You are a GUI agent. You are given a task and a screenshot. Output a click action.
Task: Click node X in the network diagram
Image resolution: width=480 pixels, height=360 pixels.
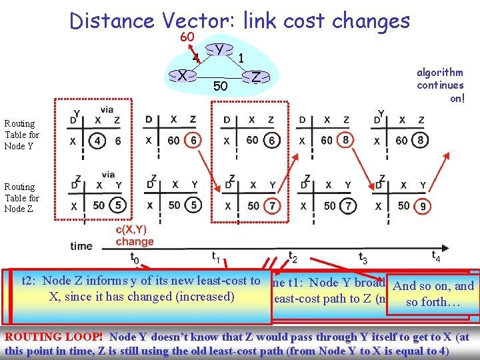click(182, 76)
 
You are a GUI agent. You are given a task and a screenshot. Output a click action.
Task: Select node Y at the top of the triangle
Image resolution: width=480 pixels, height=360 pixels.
click(219, 49)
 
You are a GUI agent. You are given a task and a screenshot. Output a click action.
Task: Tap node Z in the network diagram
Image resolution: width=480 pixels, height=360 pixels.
click(255, 77)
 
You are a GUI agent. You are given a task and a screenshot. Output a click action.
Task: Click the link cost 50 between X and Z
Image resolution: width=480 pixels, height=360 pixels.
click(220, 87)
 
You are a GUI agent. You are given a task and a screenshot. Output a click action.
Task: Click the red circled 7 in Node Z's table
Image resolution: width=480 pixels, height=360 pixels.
click(272, 205)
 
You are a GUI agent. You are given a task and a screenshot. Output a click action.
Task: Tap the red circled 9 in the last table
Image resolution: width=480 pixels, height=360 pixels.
click(423, 206)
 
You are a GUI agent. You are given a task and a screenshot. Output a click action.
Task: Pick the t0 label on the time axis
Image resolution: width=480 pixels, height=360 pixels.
click(134, 257)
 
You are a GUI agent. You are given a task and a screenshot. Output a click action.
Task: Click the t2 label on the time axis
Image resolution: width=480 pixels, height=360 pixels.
click(292, 257)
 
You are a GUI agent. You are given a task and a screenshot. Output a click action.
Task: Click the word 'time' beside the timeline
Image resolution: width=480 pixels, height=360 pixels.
click(81, 246)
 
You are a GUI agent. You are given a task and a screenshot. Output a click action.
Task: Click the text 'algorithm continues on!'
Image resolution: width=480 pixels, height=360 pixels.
click(440, 85)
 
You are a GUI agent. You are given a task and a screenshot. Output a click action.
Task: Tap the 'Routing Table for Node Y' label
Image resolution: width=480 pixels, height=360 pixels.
click(22, 135)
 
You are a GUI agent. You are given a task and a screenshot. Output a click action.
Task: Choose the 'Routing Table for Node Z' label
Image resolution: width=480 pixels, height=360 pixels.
click(22, 198)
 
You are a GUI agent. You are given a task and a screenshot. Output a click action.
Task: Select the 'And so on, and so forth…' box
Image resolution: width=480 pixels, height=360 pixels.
click(433, 293)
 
